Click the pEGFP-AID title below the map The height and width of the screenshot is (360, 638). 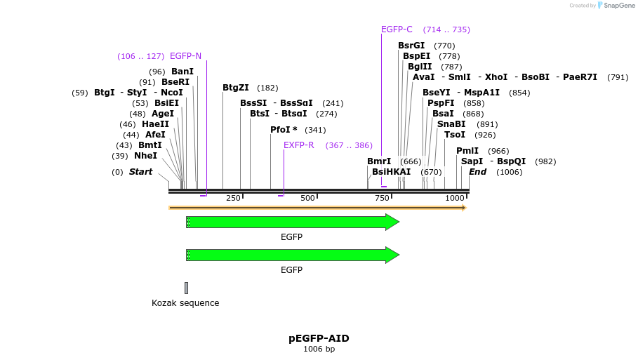(319, 338)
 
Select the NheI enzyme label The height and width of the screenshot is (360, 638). (145, 156)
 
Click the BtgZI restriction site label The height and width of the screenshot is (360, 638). (236, 88)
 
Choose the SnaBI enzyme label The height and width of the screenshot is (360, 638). (451, 124)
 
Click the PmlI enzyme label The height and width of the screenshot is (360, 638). (467, 151)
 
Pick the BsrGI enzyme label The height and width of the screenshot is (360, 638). (411, 46)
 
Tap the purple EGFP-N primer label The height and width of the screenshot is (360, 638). (185, 56)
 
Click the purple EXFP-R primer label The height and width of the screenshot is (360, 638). (299, 145)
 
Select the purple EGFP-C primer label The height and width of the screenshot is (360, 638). (397, 29)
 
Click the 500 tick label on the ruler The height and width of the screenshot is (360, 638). (307, 199)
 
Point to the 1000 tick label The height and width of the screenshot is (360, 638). (455, 199)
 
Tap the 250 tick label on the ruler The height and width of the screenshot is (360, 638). (233, 199)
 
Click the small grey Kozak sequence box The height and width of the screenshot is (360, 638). (186, 288)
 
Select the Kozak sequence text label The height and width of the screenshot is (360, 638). (185, 303)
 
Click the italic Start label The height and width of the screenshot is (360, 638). (140, 172)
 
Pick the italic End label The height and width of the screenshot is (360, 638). (477, 172)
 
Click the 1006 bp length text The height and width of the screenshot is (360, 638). (319, 349)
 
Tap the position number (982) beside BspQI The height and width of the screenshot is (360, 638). (545, 161)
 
